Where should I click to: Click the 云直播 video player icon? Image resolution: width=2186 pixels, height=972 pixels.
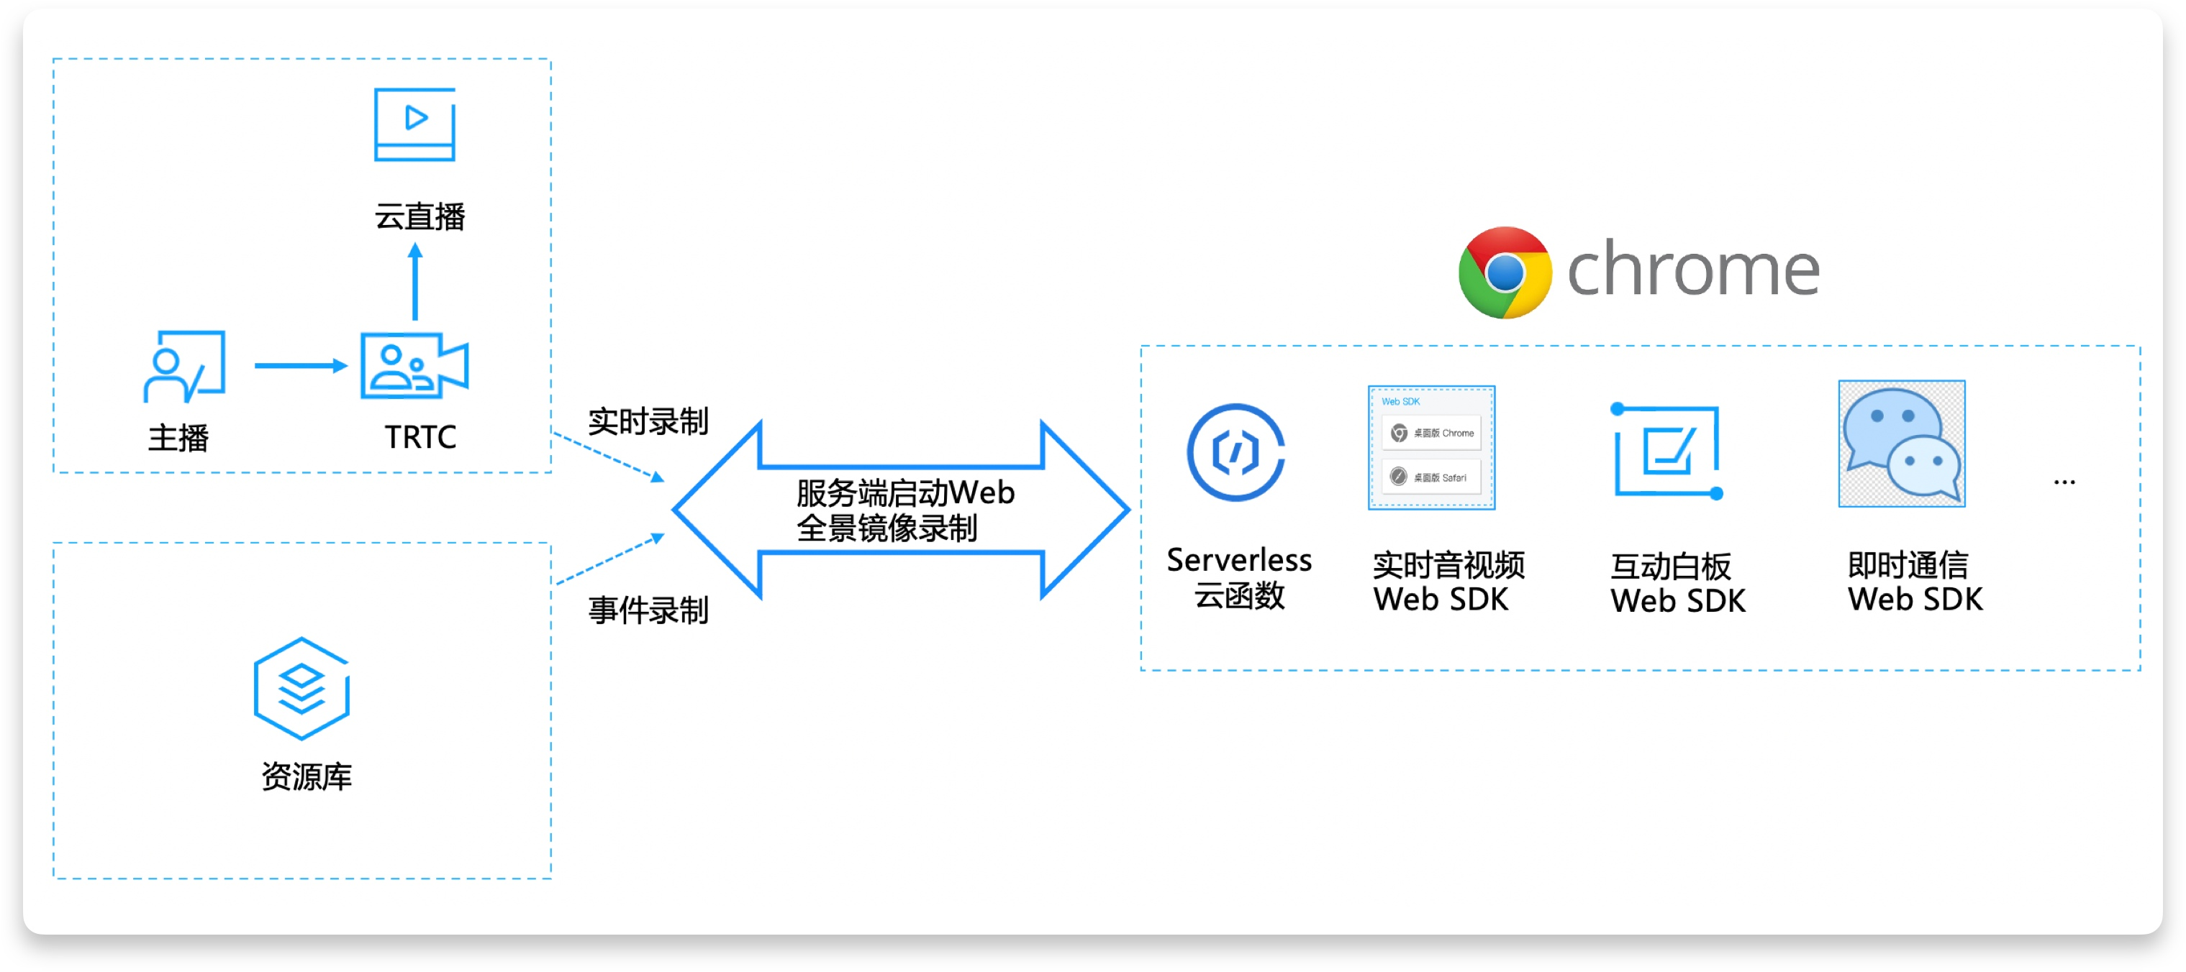coord(414,124)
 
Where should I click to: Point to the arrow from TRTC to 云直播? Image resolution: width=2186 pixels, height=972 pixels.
coord(415,282)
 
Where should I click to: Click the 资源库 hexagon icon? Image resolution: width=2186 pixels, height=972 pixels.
coord(301,688)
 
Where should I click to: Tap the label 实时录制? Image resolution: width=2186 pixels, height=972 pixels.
coord(648,421)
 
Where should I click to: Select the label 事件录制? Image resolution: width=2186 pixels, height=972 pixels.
coord(648,610)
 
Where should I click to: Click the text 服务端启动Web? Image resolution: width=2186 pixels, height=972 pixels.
coord(904,492)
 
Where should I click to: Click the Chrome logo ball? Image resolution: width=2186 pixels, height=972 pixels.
coord(1505,272)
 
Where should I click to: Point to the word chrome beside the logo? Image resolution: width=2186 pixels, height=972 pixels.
coord(1693,270)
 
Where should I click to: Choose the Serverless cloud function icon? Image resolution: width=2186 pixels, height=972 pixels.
coord(1235,452)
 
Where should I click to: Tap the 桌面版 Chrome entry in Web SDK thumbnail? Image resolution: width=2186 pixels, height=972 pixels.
coord(1432,433)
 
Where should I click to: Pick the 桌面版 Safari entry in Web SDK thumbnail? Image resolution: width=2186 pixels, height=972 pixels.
coord(1432,477)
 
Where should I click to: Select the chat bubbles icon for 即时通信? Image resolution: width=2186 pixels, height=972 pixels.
coord(1902,444)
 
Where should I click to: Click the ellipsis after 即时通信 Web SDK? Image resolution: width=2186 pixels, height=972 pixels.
coord(2064,482)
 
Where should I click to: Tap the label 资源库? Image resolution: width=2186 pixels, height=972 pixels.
coord(307,775)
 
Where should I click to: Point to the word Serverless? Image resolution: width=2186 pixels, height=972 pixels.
coord(1239,560)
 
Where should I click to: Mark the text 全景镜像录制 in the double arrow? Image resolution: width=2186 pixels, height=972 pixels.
coord(886,528)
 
